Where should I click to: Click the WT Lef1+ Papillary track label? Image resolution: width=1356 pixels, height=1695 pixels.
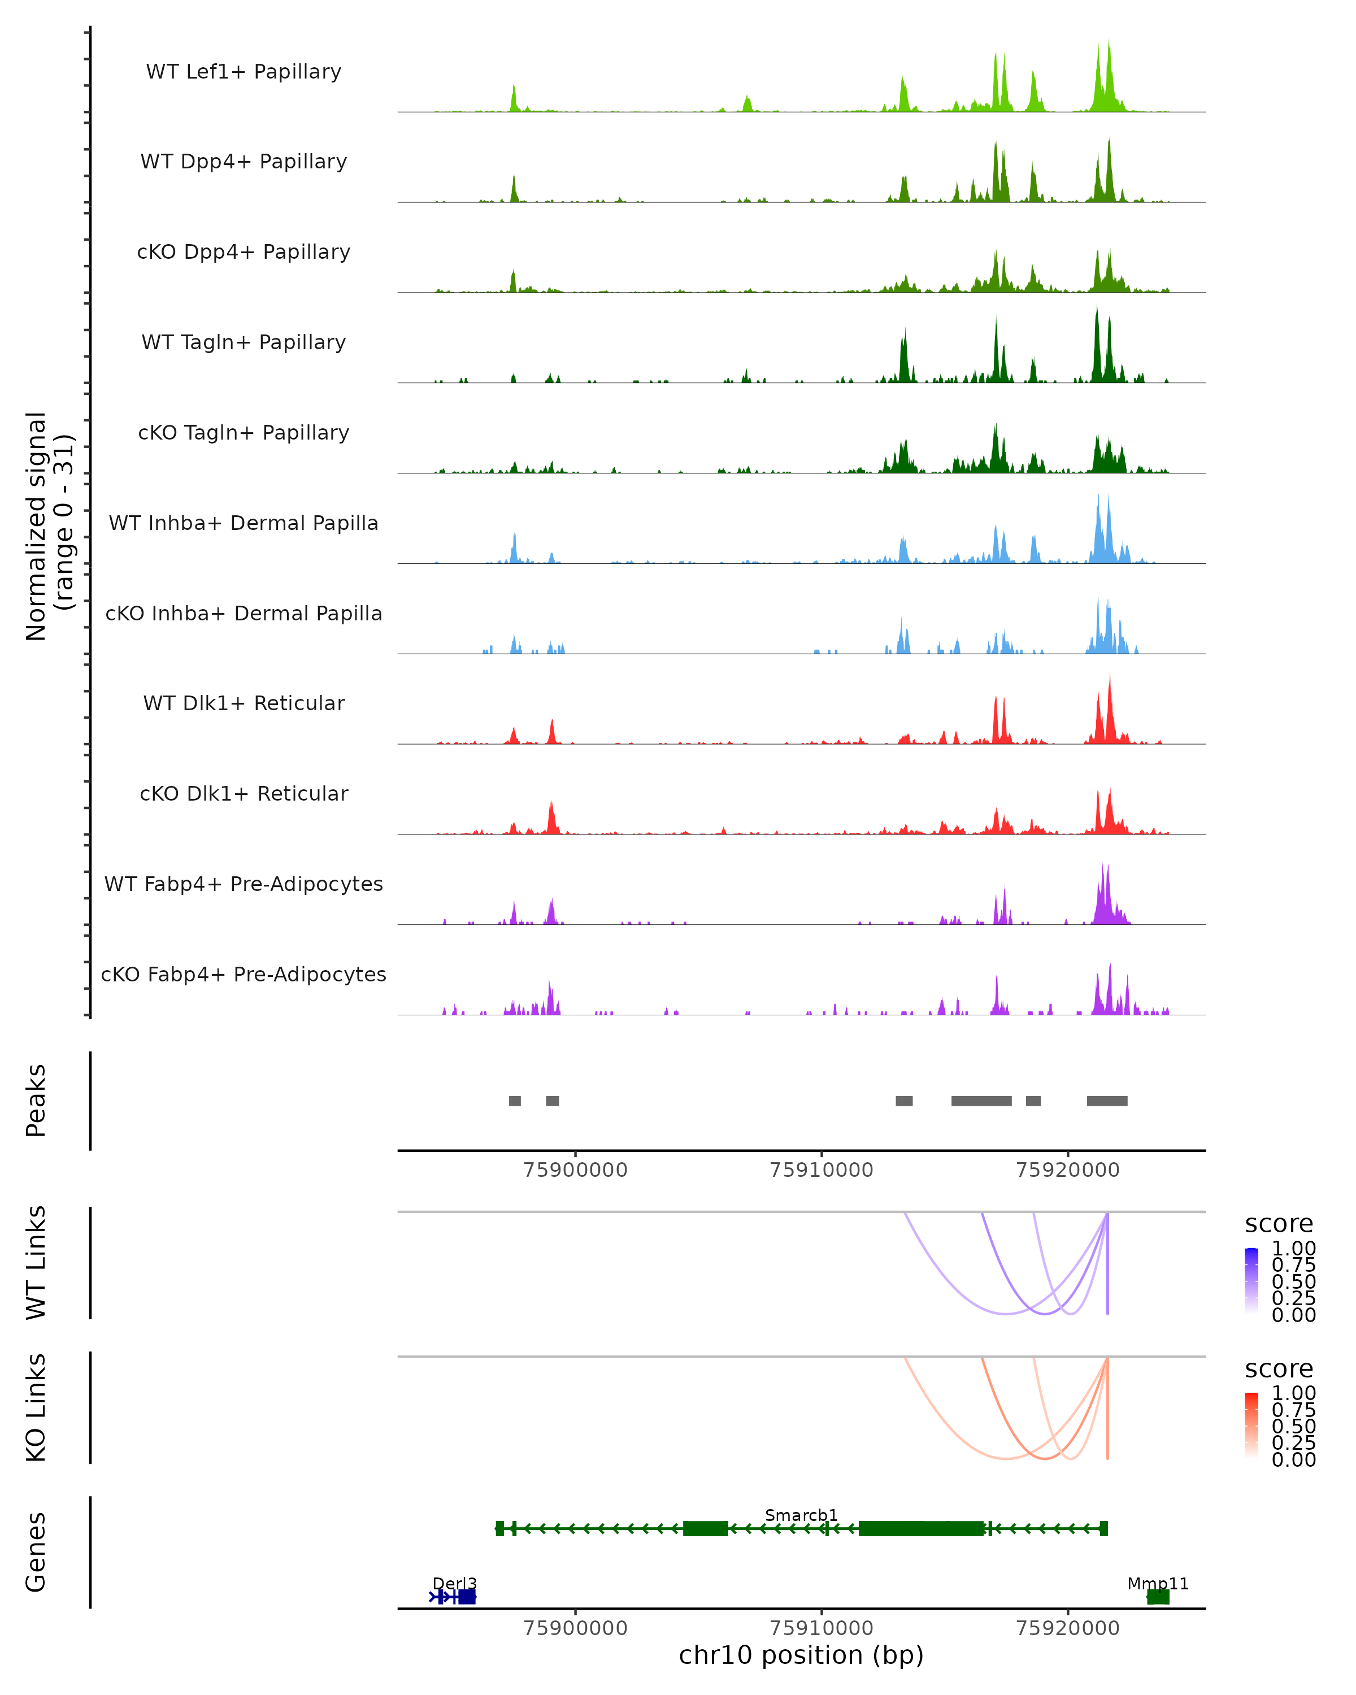[244, 72]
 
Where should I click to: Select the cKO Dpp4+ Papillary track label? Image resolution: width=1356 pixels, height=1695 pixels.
[244, 251]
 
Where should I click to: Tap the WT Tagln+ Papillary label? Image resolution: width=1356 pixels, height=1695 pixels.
[244, 342]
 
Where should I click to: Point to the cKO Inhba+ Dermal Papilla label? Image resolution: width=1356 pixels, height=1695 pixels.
[244, 613]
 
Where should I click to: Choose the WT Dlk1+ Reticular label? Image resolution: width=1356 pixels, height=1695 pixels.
[244, 703]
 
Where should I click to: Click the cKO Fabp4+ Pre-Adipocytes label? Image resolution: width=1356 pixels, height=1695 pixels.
[244, 974]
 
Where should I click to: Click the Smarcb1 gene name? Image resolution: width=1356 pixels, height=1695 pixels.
[801, 1515]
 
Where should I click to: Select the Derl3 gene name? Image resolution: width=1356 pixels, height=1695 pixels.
[454, 1583]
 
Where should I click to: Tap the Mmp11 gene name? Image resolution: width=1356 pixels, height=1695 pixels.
[1157, 1583]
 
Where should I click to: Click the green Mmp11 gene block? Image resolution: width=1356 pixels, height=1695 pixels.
[1158, 1597]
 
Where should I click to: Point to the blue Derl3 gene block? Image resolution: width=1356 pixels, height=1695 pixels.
[467, 1597]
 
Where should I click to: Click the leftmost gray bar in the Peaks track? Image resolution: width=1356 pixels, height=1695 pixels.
[515, 1101]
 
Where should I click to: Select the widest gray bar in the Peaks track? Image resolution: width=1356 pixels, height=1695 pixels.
[981, 1101]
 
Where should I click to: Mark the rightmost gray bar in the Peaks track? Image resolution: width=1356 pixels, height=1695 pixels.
[1107, 1101]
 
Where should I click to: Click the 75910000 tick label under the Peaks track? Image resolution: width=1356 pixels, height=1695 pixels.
[822, 1170]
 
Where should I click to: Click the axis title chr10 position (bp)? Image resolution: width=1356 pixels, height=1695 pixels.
[801, 1655]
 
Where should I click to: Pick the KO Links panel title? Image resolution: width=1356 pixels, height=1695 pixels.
[36, 1408]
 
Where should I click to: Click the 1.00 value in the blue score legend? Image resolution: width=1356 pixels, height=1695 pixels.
[1294, 1249]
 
